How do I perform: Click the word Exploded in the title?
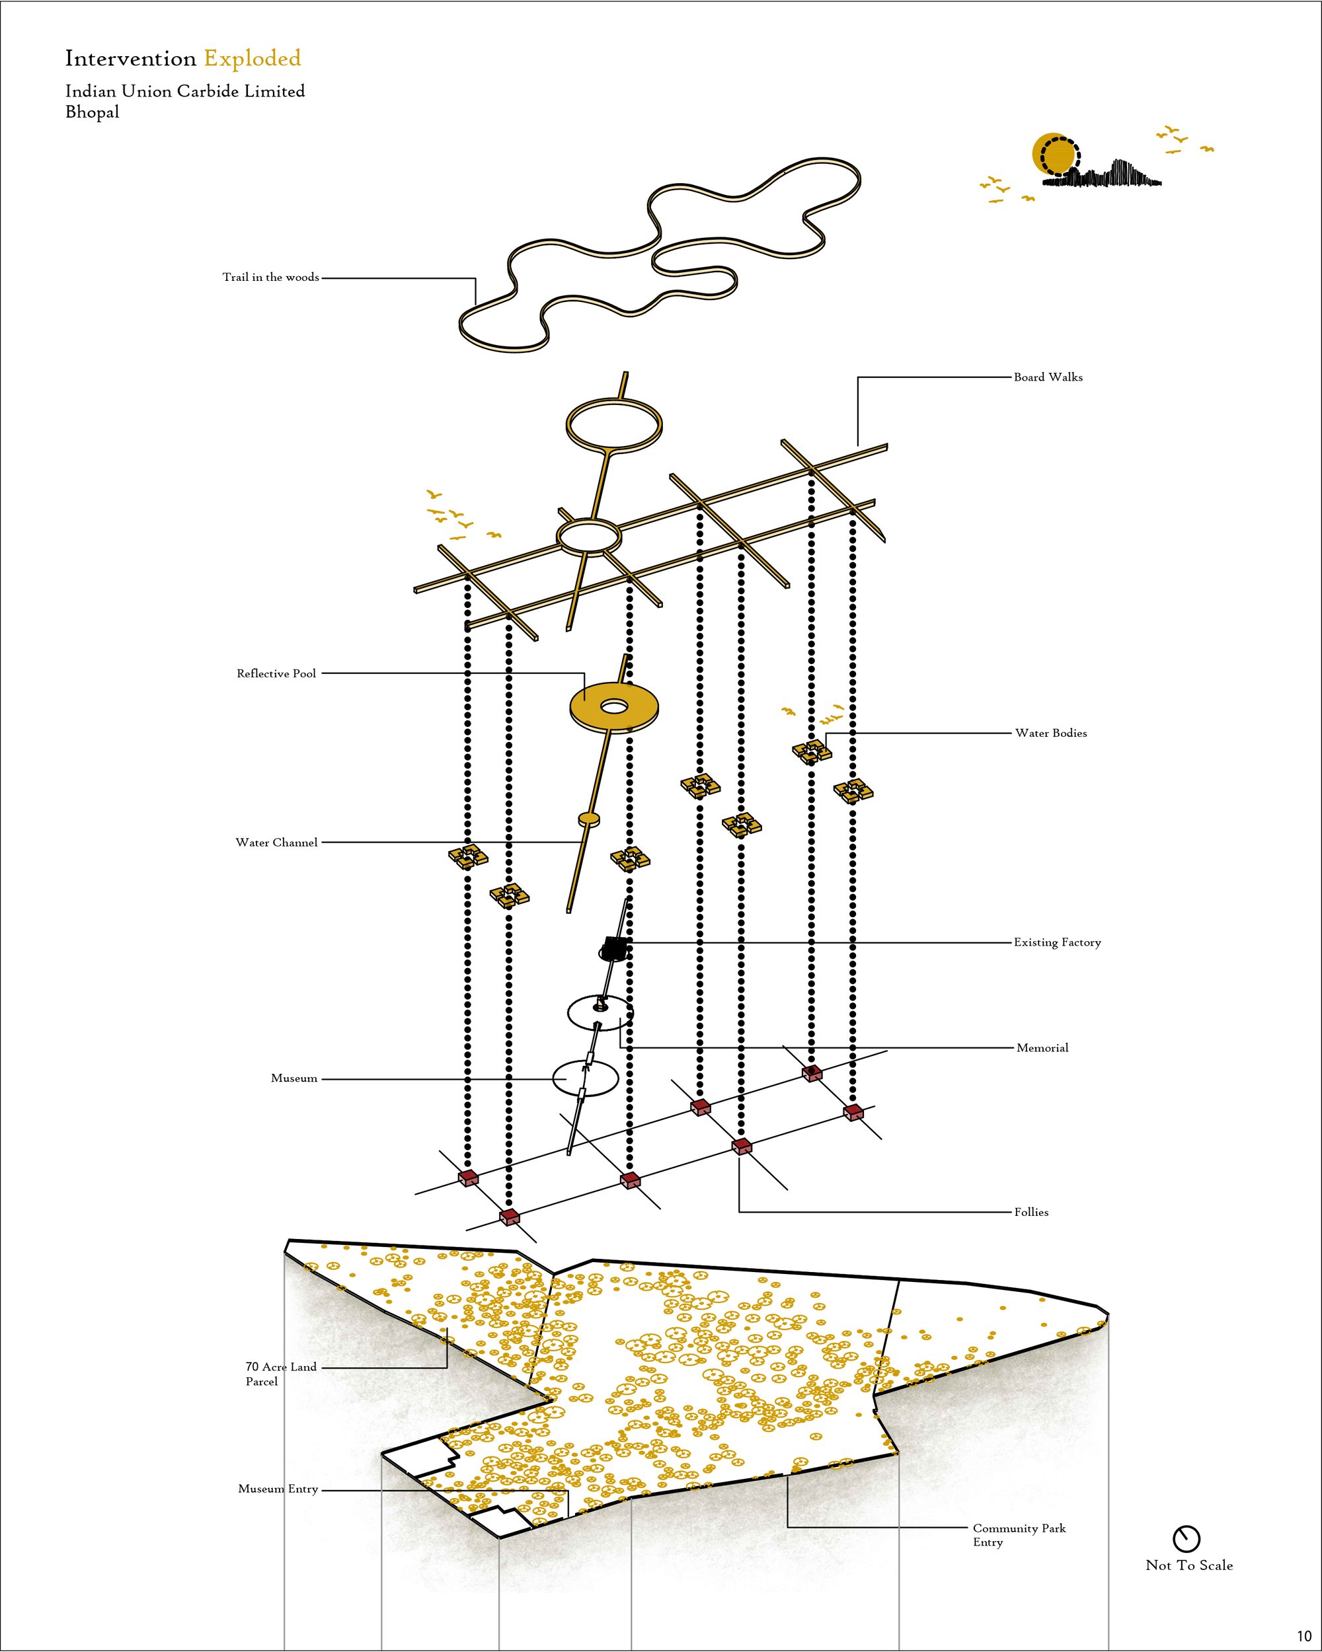tap(252, 58)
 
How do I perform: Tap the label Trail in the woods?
tap(270, 278)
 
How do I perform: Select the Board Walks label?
tap(1048, 377)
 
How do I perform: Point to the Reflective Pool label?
tap(276, 673)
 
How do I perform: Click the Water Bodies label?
tap(1051, 733)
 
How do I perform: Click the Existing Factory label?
tap(1057, 942)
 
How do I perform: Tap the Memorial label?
tap(1042, 1048)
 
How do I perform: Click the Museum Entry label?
tap(278, 1489)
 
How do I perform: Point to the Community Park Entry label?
tap(1019, 1535)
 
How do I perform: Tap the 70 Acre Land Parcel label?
tap(280, 1374)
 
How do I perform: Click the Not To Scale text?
tap(1188, 1565)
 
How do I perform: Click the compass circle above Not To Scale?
tap(1186, 1538)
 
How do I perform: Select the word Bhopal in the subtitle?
tap(92, 112)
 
